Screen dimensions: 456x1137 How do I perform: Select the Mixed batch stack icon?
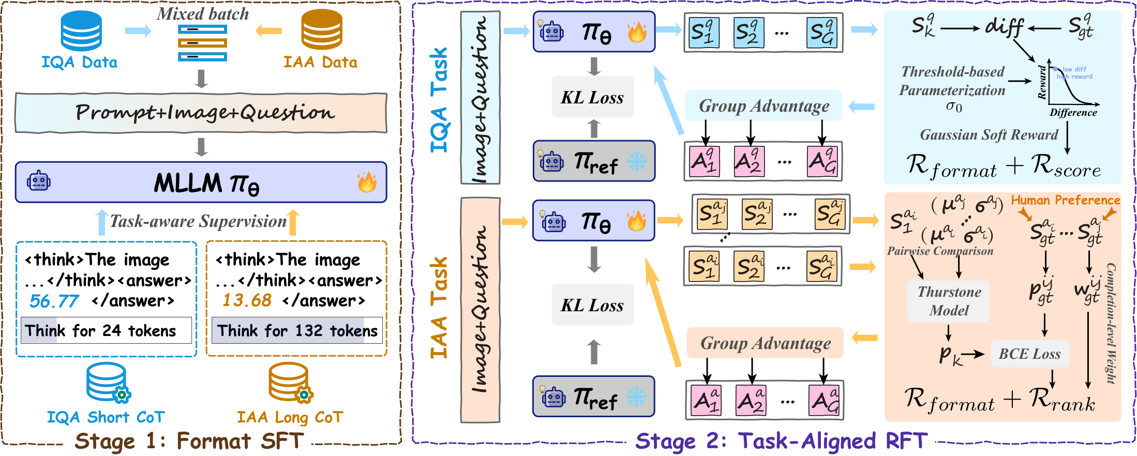click(x=202, y=43)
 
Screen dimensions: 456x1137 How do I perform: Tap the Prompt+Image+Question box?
click(x=201, y=113)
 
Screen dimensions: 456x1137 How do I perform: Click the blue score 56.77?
click(x=54, y=301)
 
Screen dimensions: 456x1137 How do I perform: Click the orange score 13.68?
click(x=247, y=300)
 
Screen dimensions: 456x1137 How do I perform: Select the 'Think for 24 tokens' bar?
click(x=106, y=330)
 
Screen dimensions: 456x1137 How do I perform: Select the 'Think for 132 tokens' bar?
click(x=297, y=330)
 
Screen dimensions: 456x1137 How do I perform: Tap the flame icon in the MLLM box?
click(x=367, y=182)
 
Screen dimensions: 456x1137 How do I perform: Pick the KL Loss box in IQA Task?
click(x=593, y=97)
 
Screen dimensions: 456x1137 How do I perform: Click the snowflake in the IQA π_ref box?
click(x=636, y=162)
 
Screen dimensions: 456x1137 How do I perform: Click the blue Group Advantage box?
click(x=764, y=106)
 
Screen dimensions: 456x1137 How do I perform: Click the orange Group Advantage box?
click(x=765, y=343)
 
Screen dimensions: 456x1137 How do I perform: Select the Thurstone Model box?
click(x=949, y=301)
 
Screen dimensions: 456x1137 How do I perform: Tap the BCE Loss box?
click(x=1029, y=354)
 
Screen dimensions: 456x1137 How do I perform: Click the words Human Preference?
click(x=1066, y=200)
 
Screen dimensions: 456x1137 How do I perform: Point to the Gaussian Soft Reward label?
click(x=989, y=135)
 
